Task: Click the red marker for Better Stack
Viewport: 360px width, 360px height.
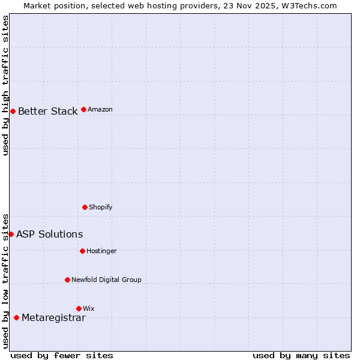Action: [x=13, y=111]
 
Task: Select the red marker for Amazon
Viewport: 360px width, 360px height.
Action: [x=83, y=109]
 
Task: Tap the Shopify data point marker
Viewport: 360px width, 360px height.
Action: [x=85, y=207]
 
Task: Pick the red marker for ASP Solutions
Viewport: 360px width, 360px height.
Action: [x=11, y=234]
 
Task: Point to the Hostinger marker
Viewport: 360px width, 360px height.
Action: [x=82, y=251]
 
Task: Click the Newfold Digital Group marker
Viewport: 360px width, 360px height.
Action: [x=67, y=280]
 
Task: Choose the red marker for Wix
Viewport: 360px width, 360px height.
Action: [x=79, y=308]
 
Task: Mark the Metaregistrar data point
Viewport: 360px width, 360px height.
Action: [x=16, y=317]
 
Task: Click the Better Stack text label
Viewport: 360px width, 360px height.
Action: [x=47, y=111]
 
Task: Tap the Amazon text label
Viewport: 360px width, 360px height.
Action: [x=100, y=109]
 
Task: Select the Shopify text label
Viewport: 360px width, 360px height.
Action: [x=100, y=207]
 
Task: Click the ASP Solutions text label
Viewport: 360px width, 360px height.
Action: [x=49, y=234]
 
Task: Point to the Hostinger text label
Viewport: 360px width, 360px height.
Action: [x=101, y=251]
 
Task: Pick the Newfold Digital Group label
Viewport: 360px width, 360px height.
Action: [x=106, y=280]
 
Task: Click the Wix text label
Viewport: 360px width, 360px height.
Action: [x=88, y=308]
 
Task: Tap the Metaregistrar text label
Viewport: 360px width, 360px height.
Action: [x=53, y=317]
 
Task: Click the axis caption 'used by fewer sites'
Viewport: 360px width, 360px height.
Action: [x=62, y=355]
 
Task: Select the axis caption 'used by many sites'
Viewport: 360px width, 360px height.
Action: [x=301, y=355]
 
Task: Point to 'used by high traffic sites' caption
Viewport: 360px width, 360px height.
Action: [x=5, y=85]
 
